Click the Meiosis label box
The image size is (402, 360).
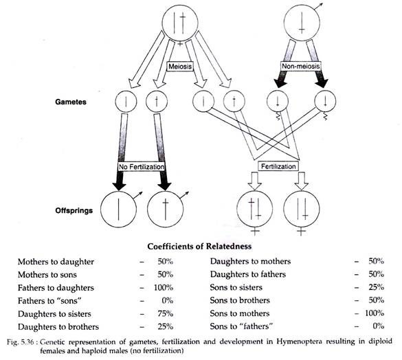pyautogui.click(x=180, y=67)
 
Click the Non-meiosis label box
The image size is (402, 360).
pyautogui.click(x=301, y=67)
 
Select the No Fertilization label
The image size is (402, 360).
pyautogui.click(x=142, y=167)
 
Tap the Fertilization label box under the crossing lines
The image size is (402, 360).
pyautogui.click(x=278, y=166)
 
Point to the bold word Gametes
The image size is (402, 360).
pyautogui.click(x=71, y=102)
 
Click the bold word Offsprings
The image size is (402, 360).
pyautogui.click(x=74, y=210)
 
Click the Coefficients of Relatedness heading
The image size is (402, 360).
pyautogui.click(x=199, y=247)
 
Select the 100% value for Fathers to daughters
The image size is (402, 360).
pyautogui.click(x=164, y=288)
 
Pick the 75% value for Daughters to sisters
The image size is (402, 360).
pyautogui.click(x=166, y=313)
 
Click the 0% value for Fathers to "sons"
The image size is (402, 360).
pyautogui.click(x=168, y=300)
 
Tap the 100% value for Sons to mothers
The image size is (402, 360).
pyautogui.click(x=375, y=313)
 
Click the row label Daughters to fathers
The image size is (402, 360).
pyautogui.click(x=248, y=274)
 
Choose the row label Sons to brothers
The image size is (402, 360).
pyautogui.click(x=240, y=300)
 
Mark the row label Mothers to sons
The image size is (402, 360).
pyautogui.click(x=47, y=275)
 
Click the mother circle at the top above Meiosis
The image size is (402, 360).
pyautogui.click(x=181, y=23)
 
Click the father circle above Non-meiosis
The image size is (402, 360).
pyautogui.click(x=302, y=23)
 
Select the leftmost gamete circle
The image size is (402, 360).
pyautogui.click(x=126, y=102)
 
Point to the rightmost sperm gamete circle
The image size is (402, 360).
pyautogui.click(x=325, y=101)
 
